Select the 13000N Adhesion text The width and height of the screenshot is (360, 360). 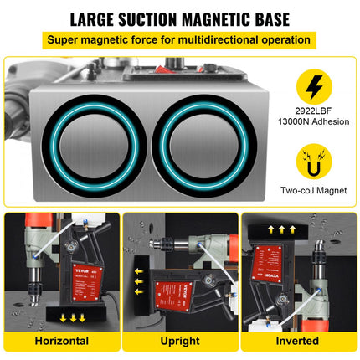[316, 131]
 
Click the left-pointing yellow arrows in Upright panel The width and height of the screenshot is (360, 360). [139, 283]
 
